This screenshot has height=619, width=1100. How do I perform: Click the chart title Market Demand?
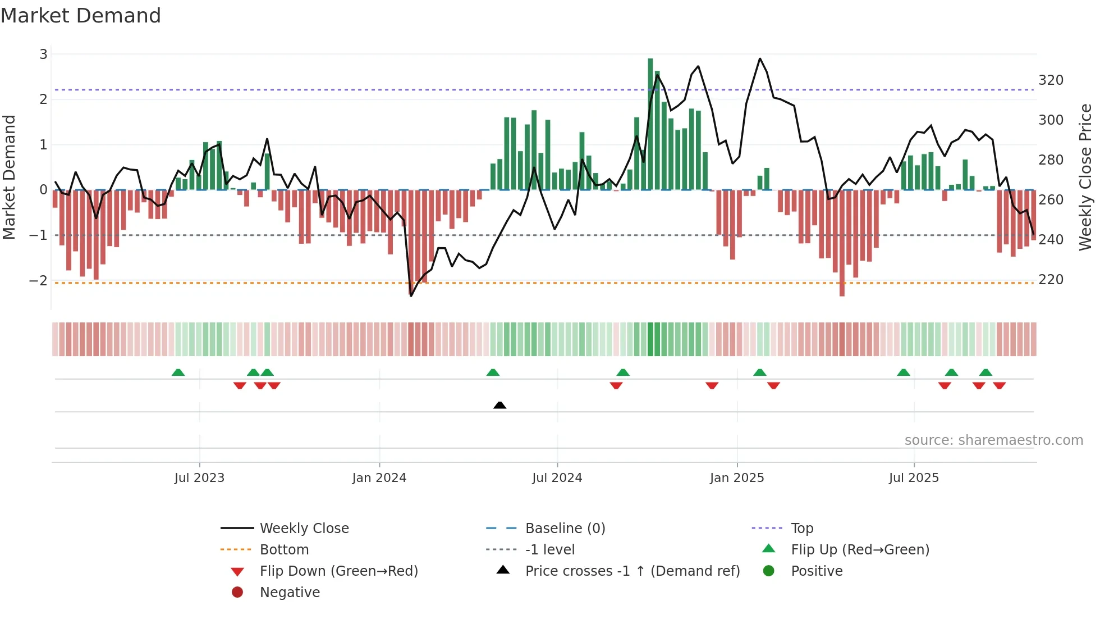pos(81,16)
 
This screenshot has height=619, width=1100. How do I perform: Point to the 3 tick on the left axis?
pos(43,54)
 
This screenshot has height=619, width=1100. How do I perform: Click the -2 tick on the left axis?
pos(39,280)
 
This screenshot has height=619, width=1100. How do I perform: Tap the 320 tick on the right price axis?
pos(1051,80)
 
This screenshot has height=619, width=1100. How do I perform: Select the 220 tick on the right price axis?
pos(1051,280)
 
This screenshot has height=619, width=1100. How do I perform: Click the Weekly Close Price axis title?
pos(1085,177)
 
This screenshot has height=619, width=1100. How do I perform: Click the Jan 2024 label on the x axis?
pos(379,478)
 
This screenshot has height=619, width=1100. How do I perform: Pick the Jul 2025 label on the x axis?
pos(913,478)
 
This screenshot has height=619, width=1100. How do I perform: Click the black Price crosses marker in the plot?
pos(499,405)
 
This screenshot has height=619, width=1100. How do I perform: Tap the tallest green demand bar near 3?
pos(650,124)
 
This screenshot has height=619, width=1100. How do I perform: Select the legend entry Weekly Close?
pos(304,529)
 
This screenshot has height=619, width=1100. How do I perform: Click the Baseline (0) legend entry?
pos(565,529)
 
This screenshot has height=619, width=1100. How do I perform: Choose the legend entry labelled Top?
pos(801,529)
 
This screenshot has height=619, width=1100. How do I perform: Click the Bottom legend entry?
pos(284,550)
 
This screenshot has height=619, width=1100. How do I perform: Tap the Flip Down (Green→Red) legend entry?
pos(338,571)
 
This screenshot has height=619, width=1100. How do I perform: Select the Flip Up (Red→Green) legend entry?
pos(860,550)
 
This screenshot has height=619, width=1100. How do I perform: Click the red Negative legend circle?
pos(237,593)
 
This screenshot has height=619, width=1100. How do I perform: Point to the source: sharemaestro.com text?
pos(993,440)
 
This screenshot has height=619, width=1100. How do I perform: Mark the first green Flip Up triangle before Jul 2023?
pos(178,372)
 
